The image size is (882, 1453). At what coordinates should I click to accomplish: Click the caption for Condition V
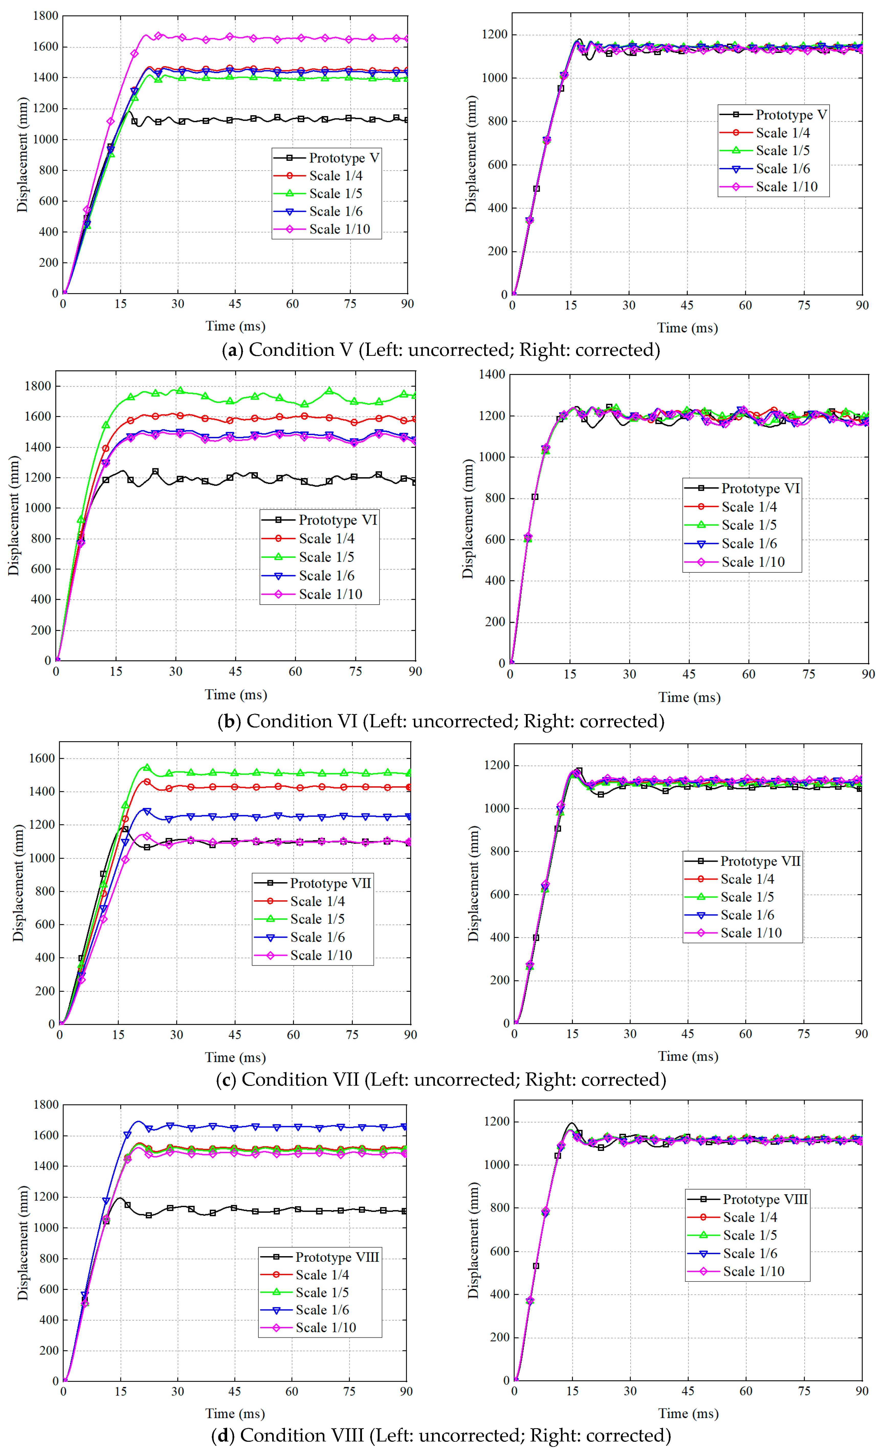441,350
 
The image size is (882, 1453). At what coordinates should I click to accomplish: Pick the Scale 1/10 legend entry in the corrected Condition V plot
786,187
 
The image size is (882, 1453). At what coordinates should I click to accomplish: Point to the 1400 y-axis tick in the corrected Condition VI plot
492,374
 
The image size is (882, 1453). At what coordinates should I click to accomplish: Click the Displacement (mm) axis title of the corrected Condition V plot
471,153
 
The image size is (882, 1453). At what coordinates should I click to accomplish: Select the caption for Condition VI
441,721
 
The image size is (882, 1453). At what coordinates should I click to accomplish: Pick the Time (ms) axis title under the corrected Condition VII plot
688,1056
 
